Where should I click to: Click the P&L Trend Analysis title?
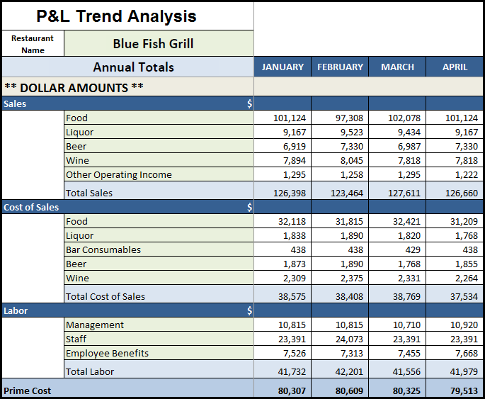[x=116, y=16]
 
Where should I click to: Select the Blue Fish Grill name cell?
[x=153, y=44]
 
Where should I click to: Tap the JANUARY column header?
[x=283, y=67]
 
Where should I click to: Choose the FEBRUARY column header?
[x=341, y=67]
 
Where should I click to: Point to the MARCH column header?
[x=397, y=67]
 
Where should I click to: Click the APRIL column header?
[x=455, y=67]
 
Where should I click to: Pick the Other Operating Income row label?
[x=119, y=174]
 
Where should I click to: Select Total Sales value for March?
[x=404, y=193]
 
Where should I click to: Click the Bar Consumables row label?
[x=103, y=249]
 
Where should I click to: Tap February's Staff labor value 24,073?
[x=349, y=339]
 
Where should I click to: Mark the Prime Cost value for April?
[x=464, y=390]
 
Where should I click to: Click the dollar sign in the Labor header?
[x=250, y=310]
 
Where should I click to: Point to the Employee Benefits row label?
[x=107, y=353]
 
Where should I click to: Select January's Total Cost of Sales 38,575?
[x=292, y=296]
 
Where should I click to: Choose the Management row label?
[x=95, y=325]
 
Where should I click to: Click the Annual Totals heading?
[x=134, y=67]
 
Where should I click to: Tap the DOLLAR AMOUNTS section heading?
[x=74, y=88]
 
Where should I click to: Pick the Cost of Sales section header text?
[x=31, y=207]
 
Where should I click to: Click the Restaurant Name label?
[x=33, y=44]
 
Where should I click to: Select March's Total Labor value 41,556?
[x=406, y=371]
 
